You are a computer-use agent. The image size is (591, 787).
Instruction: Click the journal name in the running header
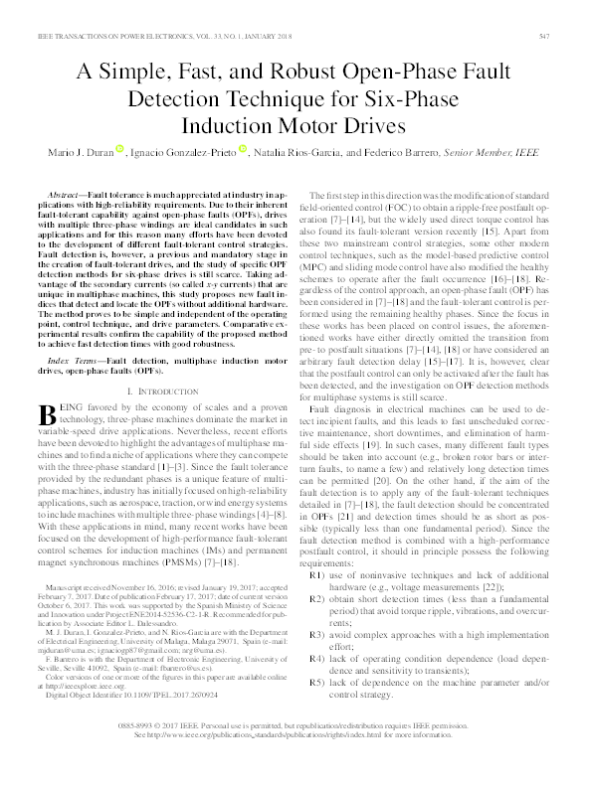pos(120,37)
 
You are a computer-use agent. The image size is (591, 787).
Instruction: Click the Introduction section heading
pos(161,365)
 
